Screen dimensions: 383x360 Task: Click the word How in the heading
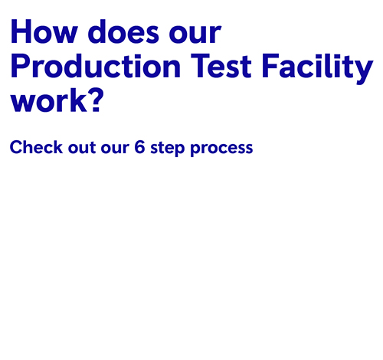point(44,31)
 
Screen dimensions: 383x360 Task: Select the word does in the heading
point(123,31)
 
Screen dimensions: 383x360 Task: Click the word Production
point(96,65)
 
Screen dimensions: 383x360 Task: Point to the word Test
point(221,66)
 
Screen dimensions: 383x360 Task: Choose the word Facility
point(318,68)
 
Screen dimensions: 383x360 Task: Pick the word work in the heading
point(48,100)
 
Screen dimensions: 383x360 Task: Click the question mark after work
point(97,100)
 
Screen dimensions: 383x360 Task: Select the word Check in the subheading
point(36,147)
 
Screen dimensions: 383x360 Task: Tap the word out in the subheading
point(82,148)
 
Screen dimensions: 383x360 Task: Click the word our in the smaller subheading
point(115,149)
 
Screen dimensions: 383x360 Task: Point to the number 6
point(139,147)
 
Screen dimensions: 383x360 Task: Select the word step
point(168,149)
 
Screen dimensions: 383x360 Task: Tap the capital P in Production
point(20,66)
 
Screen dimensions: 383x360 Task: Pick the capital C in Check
point(16,147)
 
